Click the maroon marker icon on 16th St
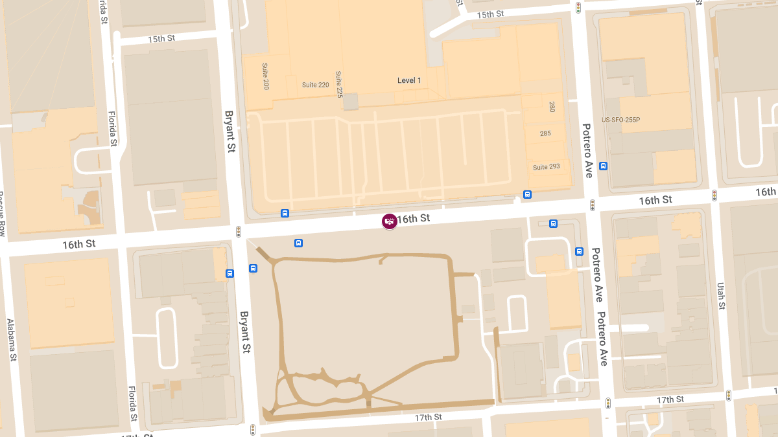tap(389, 221)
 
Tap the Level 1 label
tap(409, 80)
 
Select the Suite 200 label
tap(266, 77)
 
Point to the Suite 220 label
tap(315, 85)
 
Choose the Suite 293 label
tap(546, 167)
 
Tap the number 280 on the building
tap(552, 107)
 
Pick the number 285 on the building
tap(545, 133)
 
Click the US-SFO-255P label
tap(620, 120)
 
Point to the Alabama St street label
tap(11, 339)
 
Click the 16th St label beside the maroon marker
tap(413, 219)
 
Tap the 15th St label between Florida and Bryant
tap(161, 38)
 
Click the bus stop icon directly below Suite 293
tap(527, 194)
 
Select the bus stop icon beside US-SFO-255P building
tap(604, 166)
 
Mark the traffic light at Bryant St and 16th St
tap(239, 231)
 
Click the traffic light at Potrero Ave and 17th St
tap(608, 403)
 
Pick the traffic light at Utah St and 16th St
tap(714, 195)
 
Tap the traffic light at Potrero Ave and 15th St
tap(578, 8)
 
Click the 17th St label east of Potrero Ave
tap(670, 399)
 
